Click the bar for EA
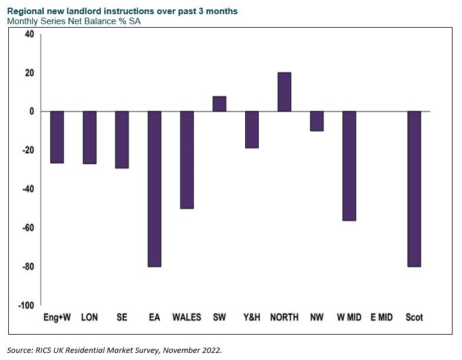tap(154, 189)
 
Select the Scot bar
tap(414, 189)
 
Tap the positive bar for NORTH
tap(284, 92)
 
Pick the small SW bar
tap(219, 104)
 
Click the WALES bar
tap(187, 160)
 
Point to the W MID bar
tap(349, 166)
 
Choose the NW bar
tap(317, 121)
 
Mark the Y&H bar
tap(252, 130)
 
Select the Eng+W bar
tap(57, 137)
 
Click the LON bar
tap(90, 138)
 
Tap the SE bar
tap(122, 140)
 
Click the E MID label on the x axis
tap(382, 317)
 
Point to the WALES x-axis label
tap(187, 317)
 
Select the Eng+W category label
tap(57, 317)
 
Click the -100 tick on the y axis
tap(26, 305)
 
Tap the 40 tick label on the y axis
tap(29, 34)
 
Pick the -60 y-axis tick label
tap(28, 227)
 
